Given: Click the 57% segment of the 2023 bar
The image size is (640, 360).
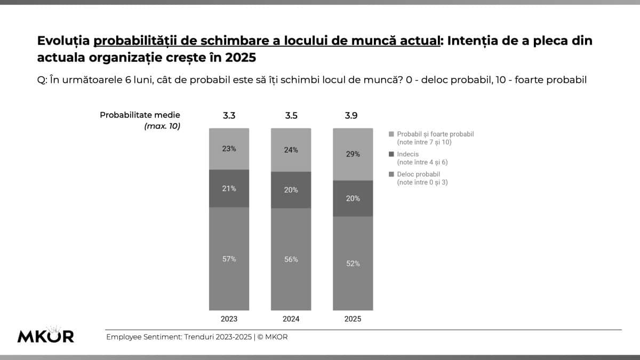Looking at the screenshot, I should tap(229, 259).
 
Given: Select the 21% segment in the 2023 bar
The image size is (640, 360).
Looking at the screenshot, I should tap(229, 188).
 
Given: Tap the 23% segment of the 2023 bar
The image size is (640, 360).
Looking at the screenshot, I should tap(229, 149).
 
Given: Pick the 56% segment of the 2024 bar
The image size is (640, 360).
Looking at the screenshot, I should tap(291, 259).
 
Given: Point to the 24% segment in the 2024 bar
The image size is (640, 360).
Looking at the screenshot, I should tap(291, 150).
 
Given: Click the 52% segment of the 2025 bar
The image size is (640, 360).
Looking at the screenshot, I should tap(353, 263).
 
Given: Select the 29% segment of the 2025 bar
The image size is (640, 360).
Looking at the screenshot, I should tap(353, 154).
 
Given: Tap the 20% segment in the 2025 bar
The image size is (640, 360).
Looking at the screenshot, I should tap(353, 198).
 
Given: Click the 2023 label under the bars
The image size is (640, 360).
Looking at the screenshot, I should tap(229, 319).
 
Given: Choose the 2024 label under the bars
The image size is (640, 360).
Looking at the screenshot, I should tap(291, 319).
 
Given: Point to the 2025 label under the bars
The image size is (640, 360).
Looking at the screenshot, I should tap(353, 319).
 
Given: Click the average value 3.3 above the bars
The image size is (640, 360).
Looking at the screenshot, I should tap(229, 115).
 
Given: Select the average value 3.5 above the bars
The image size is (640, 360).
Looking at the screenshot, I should tap(291, 115).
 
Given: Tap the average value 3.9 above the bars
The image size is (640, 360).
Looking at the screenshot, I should tap(351, 115).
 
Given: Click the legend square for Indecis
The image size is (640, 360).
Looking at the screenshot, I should tap(392, 154).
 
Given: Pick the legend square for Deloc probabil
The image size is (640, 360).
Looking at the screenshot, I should tap(392, 174).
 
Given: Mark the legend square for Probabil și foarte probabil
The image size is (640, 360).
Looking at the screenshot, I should tap(392, 134).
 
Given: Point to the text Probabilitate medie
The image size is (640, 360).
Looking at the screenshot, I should tap(140, 115).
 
